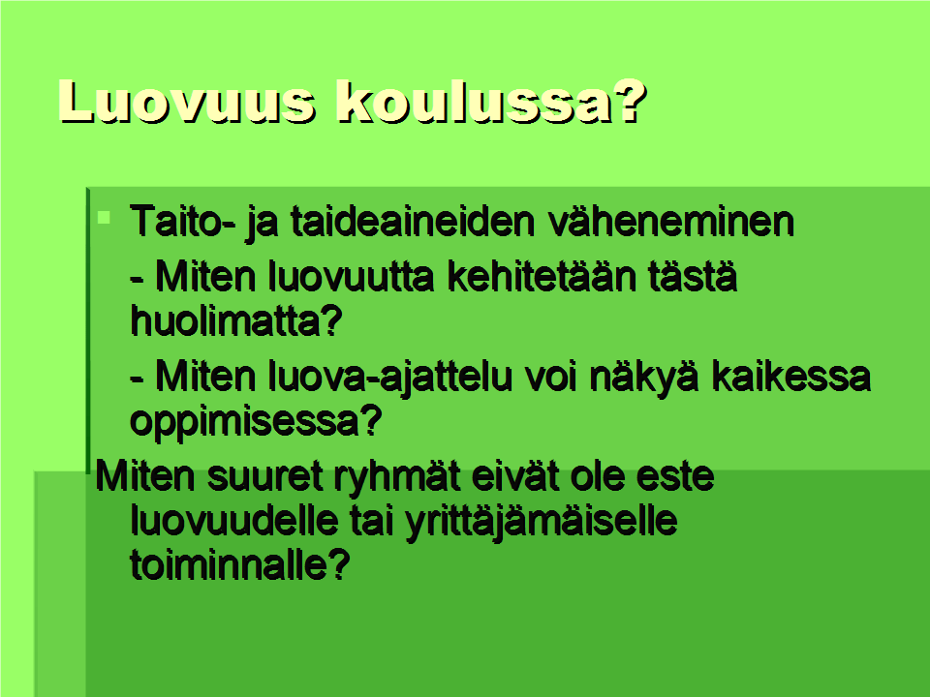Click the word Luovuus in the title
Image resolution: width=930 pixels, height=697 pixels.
tap(187, 102)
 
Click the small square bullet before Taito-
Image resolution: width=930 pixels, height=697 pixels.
tap(105, 218)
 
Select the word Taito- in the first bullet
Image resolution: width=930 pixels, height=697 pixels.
tap(183, 222)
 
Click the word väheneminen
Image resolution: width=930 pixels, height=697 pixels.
tap(671, 223)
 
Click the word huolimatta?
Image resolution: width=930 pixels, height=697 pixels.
tap(236, 320)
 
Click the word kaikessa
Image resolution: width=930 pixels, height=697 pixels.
tap(791, 377)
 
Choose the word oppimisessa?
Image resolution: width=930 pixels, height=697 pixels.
tap(256, 421)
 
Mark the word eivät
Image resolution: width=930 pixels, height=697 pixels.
tap(516, 476)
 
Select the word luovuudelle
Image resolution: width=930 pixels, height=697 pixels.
tap(233, 520)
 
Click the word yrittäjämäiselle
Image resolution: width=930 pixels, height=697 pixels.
tap(541, 522)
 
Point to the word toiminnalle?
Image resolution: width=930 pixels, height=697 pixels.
tap(239, 564)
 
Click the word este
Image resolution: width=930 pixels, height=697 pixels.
tap(675, 477)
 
